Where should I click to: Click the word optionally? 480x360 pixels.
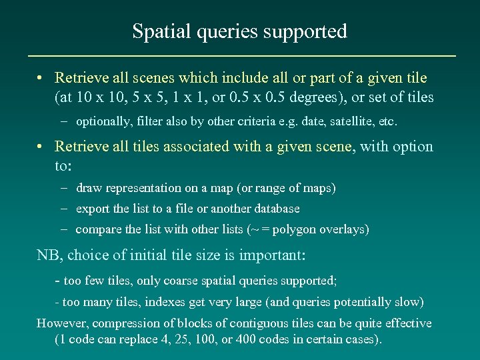[101, 121]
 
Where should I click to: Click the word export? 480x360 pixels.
[92, 209]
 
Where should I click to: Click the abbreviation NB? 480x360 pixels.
[48, 255]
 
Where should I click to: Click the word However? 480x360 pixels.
[63, 323]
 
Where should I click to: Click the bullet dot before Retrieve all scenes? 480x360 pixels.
[41, 79]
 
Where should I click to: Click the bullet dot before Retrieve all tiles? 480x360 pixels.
[41, 147]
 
